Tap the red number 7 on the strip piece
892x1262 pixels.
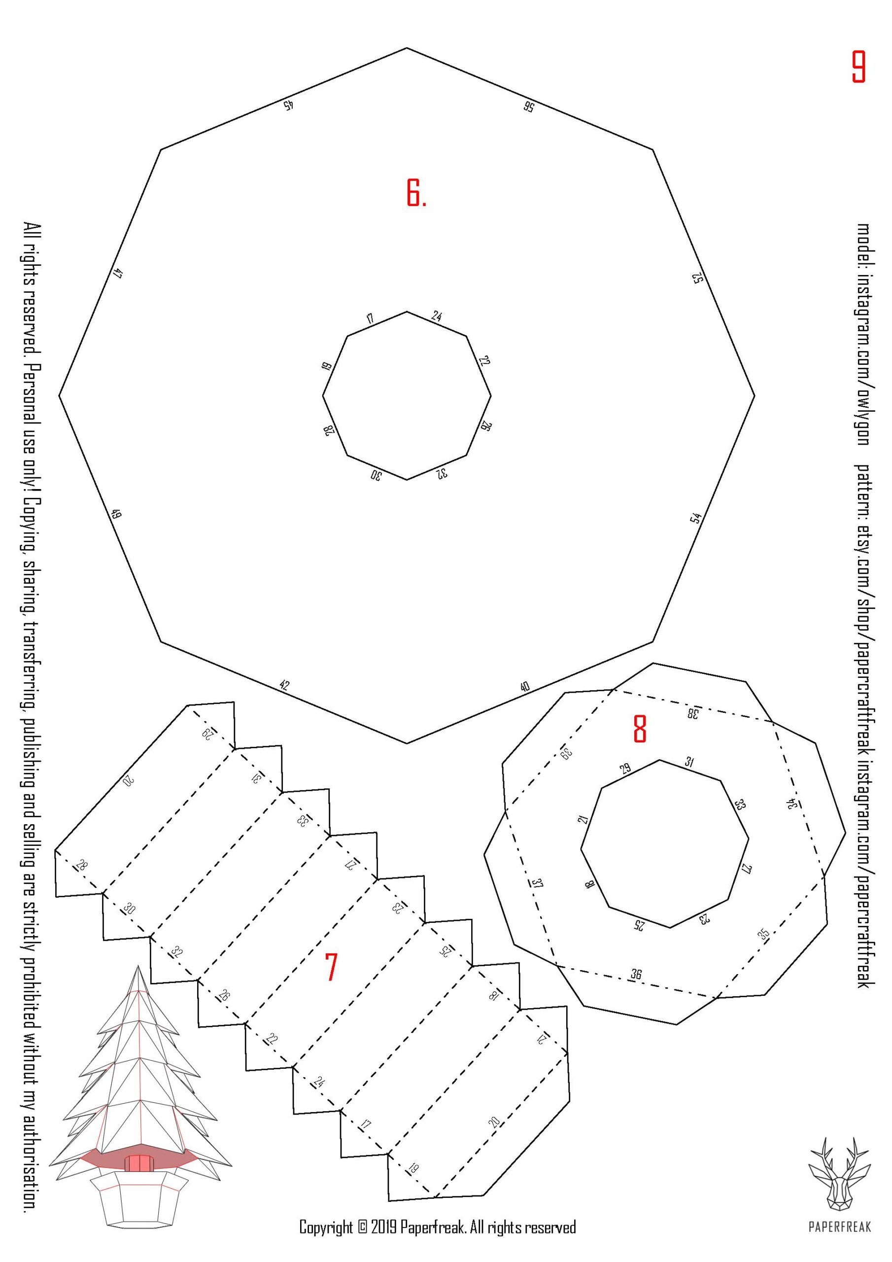(x=330, y=968)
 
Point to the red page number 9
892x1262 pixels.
(x=858, y=67)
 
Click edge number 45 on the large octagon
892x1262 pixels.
(x=288, y=105)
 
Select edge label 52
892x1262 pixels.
(x=697, y=278)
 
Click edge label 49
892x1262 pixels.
(x=116, y=515)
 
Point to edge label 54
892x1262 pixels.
(x=696, y=518)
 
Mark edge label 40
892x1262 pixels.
(x=525, y=687)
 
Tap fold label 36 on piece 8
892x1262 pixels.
(x=636, y=975)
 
